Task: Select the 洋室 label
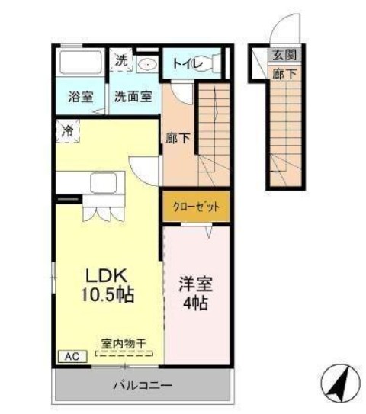196,283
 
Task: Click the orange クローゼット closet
195,207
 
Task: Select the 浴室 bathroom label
81,97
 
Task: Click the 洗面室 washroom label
133,97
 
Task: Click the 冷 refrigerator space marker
68,131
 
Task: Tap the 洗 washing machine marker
121,60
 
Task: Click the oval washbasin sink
147,64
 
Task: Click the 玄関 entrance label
284,55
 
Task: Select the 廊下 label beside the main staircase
178,140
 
